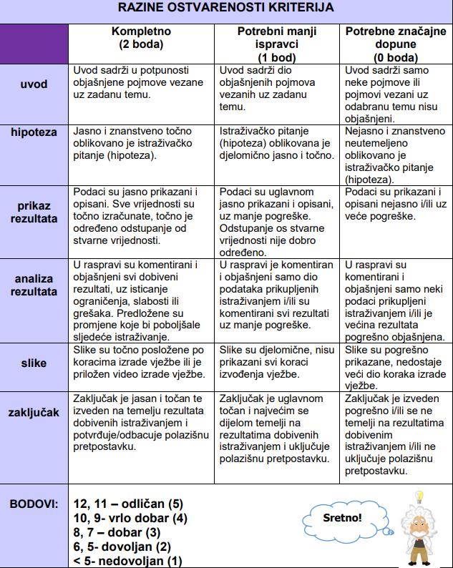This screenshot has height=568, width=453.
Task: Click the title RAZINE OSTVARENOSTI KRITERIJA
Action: coord(225,10)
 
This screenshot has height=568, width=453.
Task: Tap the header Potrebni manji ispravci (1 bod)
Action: coord(276,44)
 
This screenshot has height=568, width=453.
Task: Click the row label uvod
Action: coord(34,84)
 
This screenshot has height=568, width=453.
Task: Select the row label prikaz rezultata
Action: coord(34,212)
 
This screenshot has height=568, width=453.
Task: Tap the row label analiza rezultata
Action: coord(34,284)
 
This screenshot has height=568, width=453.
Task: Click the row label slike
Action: coord(34,363)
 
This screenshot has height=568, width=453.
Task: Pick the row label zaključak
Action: coord(34,412)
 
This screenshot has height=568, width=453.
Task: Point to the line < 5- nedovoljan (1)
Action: coord(128,560)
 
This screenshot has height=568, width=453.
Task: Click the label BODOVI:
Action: coord(34,504)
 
